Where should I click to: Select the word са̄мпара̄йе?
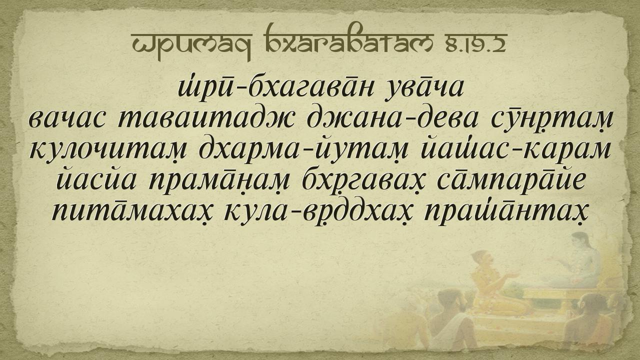click(508, 181)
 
